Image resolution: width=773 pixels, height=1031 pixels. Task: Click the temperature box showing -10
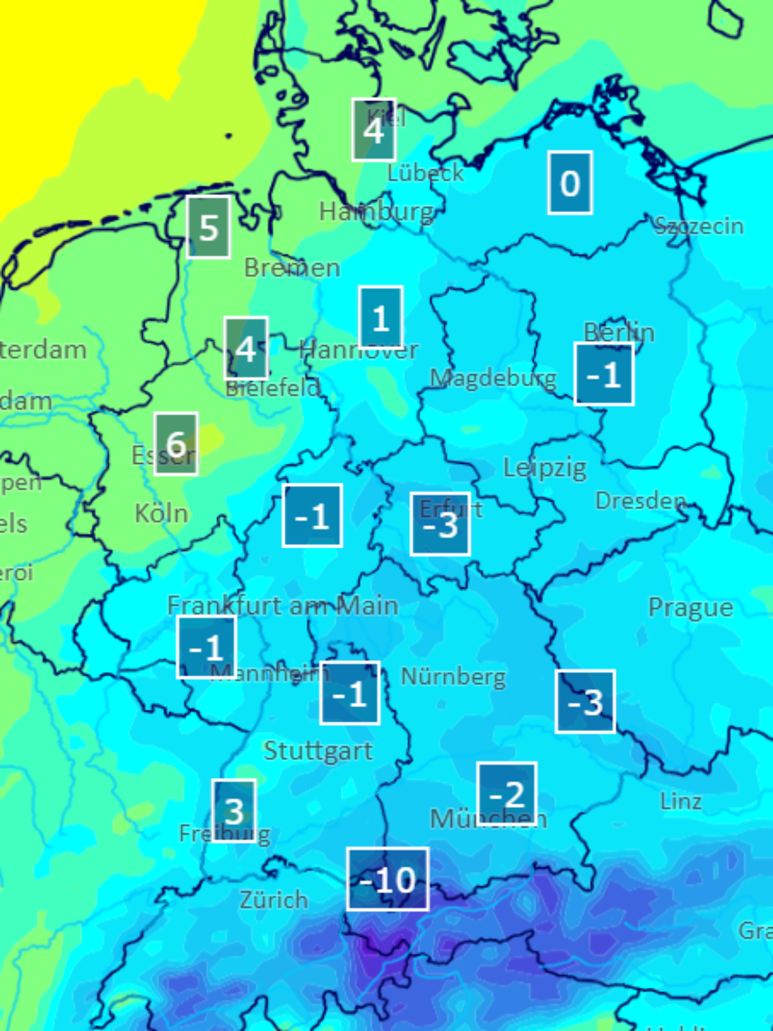point(387,879)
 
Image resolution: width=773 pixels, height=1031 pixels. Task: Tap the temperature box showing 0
point(570,183)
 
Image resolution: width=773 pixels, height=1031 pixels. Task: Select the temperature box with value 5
point(208,227)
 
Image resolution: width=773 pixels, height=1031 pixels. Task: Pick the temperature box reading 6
point(176,443)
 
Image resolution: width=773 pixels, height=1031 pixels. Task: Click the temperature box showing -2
point(507,794)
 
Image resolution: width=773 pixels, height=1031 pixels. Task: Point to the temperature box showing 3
point(234,811)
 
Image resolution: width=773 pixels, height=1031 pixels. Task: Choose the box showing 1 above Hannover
point(381,318)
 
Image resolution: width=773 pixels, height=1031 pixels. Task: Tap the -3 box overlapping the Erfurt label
point(440,524)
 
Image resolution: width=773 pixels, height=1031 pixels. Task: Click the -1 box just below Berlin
point(604,374)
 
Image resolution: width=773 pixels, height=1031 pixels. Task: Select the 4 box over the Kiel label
point(374,130)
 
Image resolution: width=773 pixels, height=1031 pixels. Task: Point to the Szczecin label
point(698,227)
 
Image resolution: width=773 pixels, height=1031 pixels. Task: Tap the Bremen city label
point(292,268)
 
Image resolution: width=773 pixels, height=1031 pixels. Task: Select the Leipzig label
point(545,467)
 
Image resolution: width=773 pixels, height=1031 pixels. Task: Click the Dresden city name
point(640,500)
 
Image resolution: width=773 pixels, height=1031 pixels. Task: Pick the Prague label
point(690,608)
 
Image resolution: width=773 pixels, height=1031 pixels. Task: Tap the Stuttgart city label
point(318,751)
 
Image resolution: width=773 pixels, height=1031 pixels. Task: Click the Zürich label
point(274,899)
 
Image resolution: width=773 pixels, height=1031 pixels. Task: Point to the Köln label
point(161,514)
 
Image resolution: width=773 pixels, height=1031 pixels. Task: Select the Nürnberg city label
point(453,677)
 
